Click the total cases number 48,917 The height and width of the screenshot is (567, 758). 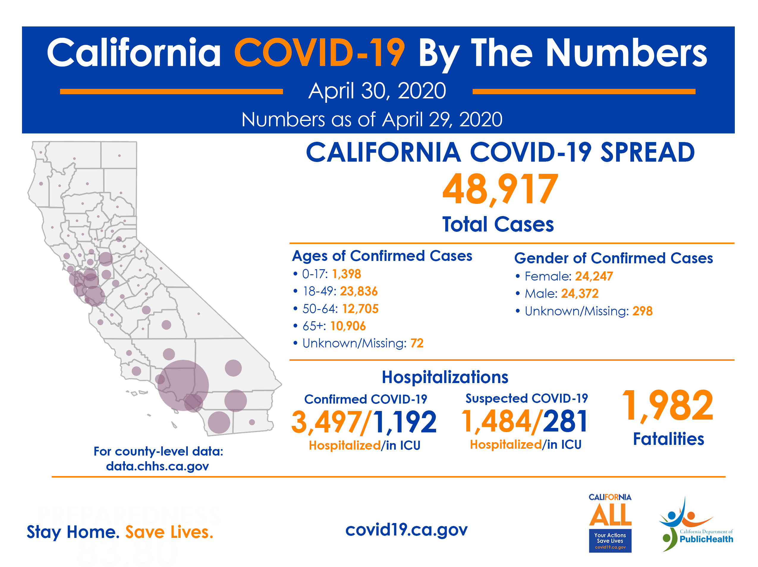(500, 190)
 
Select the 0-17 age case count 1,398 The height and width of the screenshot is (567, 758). (346, 274)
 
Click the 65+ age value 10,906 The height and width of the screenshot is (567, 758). (348, 326)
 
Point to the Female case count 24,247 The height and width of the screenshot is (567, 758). (594, 276)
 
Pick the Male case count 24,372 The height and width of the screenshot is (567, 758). (580, 294)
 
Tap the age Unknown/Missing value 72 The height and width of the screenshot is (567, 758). (417, 343)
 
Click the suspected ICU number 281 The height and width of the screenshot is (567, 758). (565, 421)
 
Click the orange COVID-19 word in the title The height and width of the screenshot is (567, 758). (319, 53)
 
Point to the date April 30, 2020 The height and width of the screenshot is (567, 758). (377, 91)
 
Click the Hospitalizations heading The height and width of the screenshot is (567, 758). (445, 377)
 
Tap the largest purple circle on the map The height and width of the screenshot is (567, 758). (183, 385)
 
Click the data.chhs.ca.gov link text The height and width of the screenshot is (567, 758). (157, 466)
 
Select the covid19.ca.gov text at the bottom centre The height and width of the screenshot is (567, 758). (406, 530)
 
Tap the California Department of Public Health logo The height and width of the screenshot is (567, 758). (696, 524)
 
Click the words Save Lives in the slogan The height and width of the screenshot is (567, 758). (169, 532)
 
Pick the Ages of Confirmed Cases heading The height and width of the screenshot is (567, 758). (382, 256)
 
